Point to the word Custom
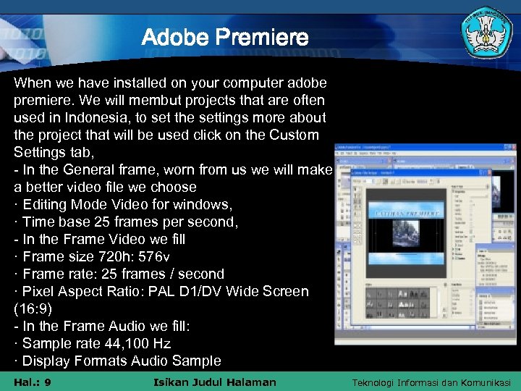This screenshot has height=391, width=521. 294,135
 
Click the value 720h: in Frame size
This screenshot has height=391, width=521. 111,256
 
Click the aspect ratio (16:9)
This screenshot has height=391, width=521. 32,308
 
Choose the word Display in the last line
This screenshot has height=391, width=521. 47,361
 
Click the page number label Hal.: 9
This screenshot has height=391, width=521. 32,382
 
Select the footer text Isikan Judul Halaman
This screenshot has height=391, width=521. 215,382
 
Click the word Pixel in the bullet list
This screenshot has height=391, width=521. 39,291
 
